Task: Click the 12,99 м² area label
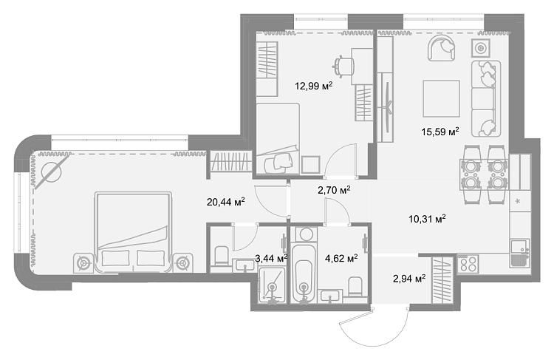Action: click(314, 86)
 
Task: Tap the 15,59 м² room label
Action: click(440, 132)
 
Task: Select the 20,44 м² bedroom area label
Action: click(226, 202)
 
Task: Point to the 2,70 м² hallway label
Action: click(334, 190)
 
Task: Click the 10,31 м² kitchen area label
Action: click(427, 219)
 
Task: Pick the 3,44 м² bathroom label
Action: click(271, 259)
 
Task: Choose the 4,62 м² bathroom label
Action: click(341, 259)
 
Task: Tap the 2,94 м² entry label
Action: click(409, 279)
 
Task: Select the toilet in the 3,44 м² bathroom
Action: click(222, 256)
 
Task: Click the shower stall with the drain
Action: click(272, 285)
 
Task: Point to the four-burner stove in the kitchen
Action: click(468, 263)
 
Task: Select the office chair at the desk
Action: click(343, 66)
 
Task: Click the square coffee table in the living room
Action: click(441, 98)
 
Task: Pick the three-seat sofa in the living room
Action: click(486, 98)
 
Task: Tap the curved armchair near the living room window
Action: click(441, 48)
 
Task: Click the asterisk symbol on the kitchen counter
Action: click(518, 202)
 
